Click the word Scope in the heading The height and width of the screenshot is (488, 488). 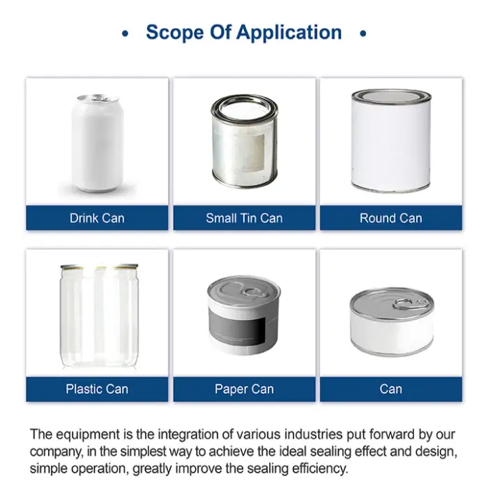(x=174, y=33)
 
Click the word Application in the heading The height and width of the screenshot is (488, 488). (x=289, y=33)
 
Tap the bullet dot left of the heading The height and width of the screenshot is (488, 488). (x=125, y=33)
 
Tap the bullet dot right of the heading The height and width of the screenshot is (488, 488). (x=363, y=33)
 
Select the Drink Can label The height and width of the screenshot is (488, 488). (x=97, y=218)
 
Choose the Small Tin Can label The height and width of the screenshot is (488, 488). (x=244, y=218)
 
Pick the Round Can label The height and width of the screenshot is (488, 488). (x=391, y=218)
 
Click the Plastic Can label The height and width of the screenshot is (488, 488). (x=97, y=389)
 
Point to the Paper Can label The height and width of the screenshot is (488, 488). (x=244, y=389)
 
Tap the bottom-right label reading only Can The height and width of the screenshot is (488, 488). (x=391, y=389)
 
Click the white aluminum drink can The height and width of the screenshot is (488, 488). (x=98, y=143)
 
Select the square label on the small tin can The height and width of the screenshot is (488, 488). (x=252, y=153)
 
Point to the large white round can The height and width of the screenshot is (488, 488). (x=391, y=141)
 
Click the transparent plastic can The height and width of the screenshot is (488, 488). (x=99, y=316)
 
